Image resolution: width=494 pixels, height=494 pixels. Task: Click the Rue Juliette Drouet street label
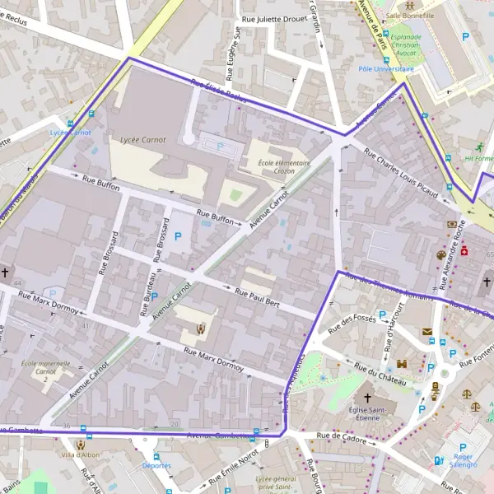tap(274, 18)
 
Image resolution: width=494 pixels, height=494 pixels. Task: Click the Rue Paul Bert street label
tap(260, 297)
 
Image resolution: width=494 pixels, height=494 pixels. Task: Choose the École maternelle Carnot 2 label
tap(46, 370)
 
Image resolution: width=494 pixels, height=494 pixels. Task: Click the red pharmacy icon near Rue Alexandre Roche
tap(464, 249)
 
